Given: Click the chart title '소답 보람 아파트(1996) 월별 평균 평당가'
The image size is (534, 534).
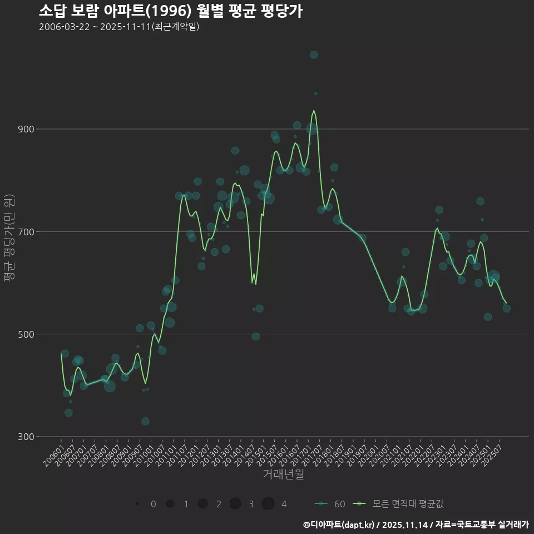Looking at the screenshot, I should pos(171,11).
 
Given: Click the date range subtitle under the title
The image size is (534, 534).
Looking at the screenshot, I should pos(119,27).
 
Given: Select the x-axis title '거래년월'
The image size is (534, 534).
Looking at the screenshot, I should pos(283,474).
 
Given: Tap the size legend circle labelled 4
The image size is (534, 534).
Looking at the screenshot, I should pos(268,504).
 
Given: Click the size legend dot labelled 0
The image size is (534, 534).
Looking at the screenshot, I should pos(137,504).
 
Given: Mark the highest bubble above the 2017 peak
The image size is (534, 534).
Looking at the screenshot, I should pos(314,55).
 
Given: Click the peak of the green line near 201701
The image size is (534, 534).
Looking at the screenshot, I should pos(314,110).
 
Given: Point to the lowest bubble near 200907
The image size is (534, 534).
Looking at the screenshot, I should pos(145,421).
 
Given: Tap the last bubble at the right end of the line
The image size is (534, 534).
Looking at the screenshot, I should pos(507,308).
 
